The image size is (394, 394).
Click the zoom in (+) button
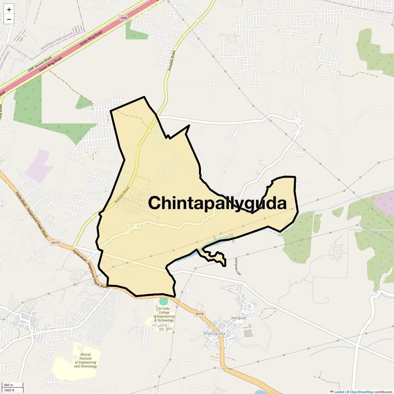pyautogui.click(x=9, y=10)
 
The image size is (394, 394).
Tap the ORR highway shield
pyautogui.click(x=123, y=18)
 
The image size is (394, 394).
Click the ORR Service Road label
pyautogui.click(x=40, y=64)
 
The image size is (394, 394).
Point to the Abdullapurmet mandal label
pyautogui.click(x=57, y=42)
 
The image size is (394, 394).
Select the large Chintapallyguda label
pyautogui.click(x=217, y=203)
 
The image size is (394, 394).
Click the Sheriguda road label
pyautogui.click(x=238, y=266)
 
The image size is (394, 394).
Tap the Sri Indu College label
pyautogui.click(x=164, y=314)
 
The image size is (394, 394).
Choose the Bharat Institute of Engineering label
pyautogui.click(x=85, y=360)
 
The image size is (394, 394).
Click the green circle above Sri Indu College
pyautogui.click(x=163, y=301)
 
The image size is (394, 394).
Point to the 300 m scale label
pyautogui.click(x=9, y=385)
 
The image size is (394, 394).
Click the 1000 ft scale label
pyautogui.click(x=9, y=390)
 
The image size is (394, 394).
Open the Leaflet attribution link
pyautogui.click(x=339, y=392)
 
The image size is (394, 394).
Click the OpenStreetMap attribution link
pyautogui.click(x=361, y=392)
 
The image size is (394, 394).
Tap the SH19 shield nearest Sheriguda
pyautogui.click(x=199, y=314)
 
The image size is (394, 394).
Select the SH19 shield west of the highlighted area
pyautogui.click(x=55, y=243)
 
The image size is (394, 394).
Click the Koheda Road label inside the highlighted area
pyautogui.click(x=122, y=195)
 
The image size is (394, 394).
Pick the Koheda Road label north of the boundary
pyautogui.click(x=172, y=60)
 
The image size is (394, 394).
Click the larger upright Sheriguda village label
pyautogui.click(x=214, y=334)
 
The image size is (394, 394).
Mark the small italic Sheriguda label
pyautogui.click(x=238, y=318)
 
